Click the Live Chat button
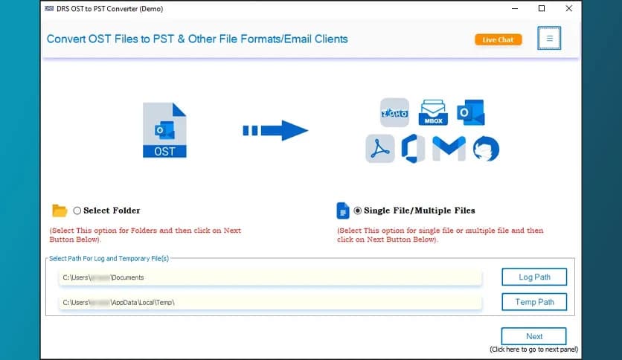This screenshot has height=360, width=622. pos(498,39)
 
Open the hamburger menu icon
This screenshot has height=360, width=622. pos(549,39)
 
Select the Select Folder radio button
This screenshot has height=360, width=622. pos(77,210)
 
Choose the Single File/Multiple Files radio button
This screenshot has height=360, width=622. pos(358,210)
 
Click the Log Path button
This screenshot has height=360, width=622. pos(533,277)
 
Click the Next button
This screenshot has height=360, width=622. pos(533,336)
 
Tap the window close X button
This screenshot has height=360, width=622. pos(569,8)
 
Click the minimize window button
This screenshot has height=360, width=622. pos(513,8)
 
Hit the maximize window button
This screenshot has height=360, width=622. pos(541,8)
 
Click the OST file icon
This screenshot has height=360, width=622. pos(164,130)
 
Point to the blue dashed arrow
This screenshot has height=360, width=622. pos(275,131)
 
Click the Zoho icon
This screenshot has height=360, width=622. pos(394,112)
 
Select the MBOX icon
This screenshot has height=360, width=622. pos(432,112)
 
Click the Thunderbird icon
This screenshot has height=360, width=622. pos(486,148)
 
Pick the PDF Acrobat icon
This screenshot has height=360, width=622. pos(380,148)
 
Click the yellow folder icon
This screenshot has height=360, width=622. pos(60,210)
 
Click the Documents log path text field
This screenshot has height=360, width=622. pos(270,277)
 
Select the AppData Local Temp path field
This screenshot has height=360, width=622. pos(270,303)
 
